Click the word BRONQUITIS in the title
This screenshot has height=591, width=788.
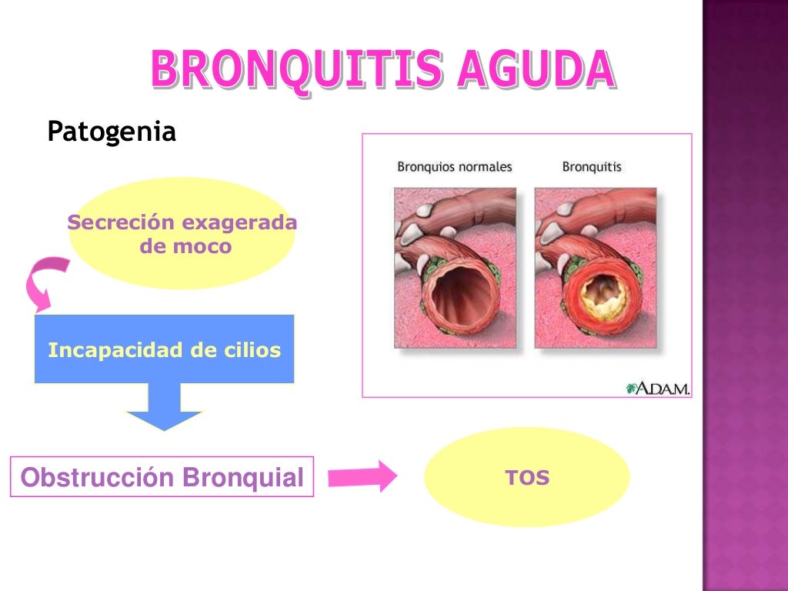[x=297, y=69]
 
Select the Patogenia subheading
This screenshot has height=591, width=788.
[x=112, y=132]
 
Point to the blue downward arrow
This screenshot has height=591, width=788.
[x=164, y=408]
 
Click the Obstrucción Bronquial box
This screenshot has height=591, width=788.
[x=162, y=477]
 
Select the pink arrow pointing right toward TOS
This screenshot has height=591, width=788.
[x=362, y=476]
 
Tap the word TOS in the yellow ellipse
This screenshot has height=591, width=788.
[x=527, y=478]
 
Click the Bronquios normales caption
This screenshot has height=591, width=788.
[x=454, y=166]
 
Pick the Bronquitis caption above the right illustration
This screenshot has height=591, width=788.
[x=592, y=166]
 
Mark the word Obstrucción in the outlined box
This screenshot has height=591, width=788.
[x=98, y=477]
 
